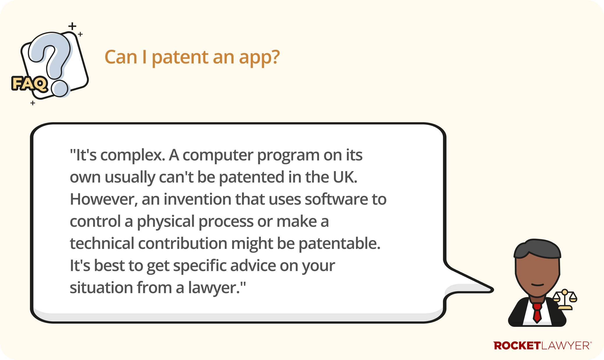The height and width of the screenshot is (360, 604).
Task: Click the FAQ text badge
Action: click(x=29, y=84)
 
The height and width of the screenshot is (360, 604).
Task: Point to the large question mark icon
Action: click(x=52, y=63)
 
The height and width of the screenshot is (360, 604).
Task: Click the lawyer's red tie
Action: click(x=537, y=313)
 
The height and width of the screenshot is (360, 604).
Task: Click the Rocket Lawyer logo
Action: click(x=542, y=345)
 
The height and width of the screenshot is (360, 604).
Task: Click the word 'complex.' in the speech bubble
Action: click(x=133, y=155)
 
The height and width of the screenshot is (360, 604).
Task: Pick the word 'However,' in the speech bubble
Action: click(x=104, y=199)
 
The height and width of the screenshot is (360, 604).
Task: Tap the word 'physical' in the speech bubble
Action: click(x=165, y=222)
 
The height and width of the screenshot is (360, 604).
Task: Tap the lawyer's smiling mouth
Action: click(x=537, y=284)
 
